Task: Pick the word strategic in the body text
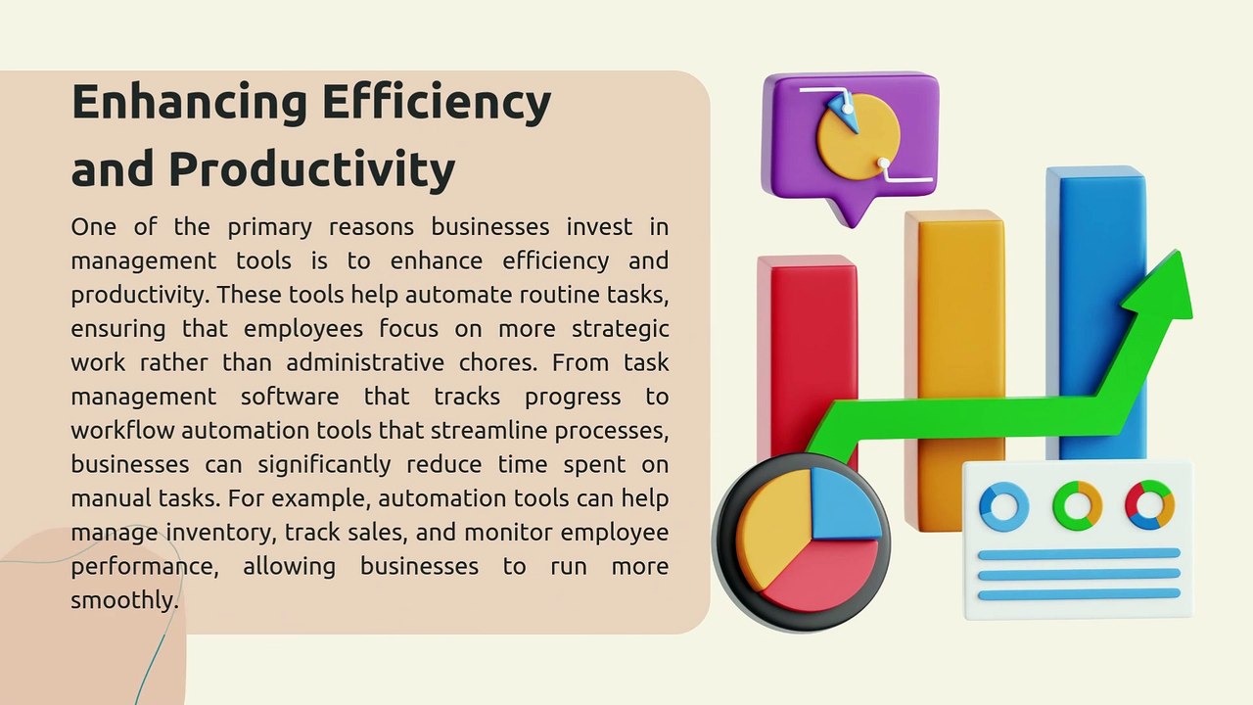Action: pyautogui.click(x=620, y=329)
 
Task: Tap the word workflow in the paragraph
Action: pyautogui.click(x=122, y=431)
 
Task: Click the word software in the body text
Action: pyautogui.click(x=290, y=397)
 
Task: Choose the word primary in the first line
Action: pyautogui.click(x=267, y=227)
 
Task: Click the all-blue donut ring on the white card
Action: pyautogui.click(x=1003, y=506)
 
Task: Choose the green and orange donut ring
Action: pyautogui.click(x=1077, y=505)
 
